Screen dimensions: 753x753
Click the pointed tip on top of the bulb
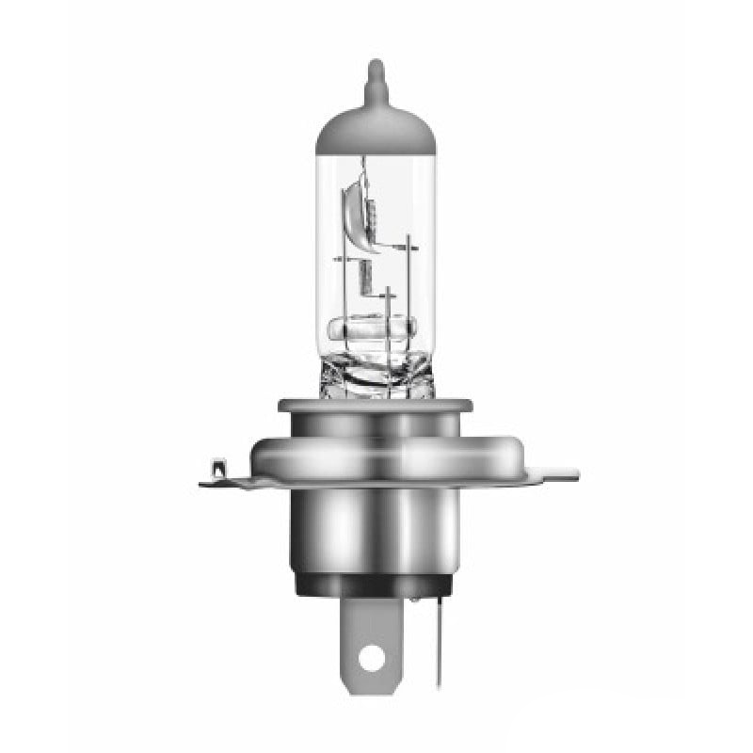click(376, 72)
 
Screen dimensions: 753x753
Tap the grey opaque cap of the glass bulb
click(376, 126)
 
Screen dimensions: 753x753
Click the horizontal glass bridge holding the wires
click(373, 330)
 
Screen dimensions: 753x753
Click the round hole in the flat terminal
click(373, 657)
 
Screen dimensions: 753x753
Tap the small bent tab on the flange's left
click(218, 468)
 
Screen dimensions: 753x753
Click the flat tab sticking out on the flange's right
click(559, 471)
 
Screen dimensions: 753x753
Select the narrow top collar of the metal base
click(375, 407)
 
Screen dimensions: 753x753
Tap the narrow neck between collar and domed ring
click(375, 426)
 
